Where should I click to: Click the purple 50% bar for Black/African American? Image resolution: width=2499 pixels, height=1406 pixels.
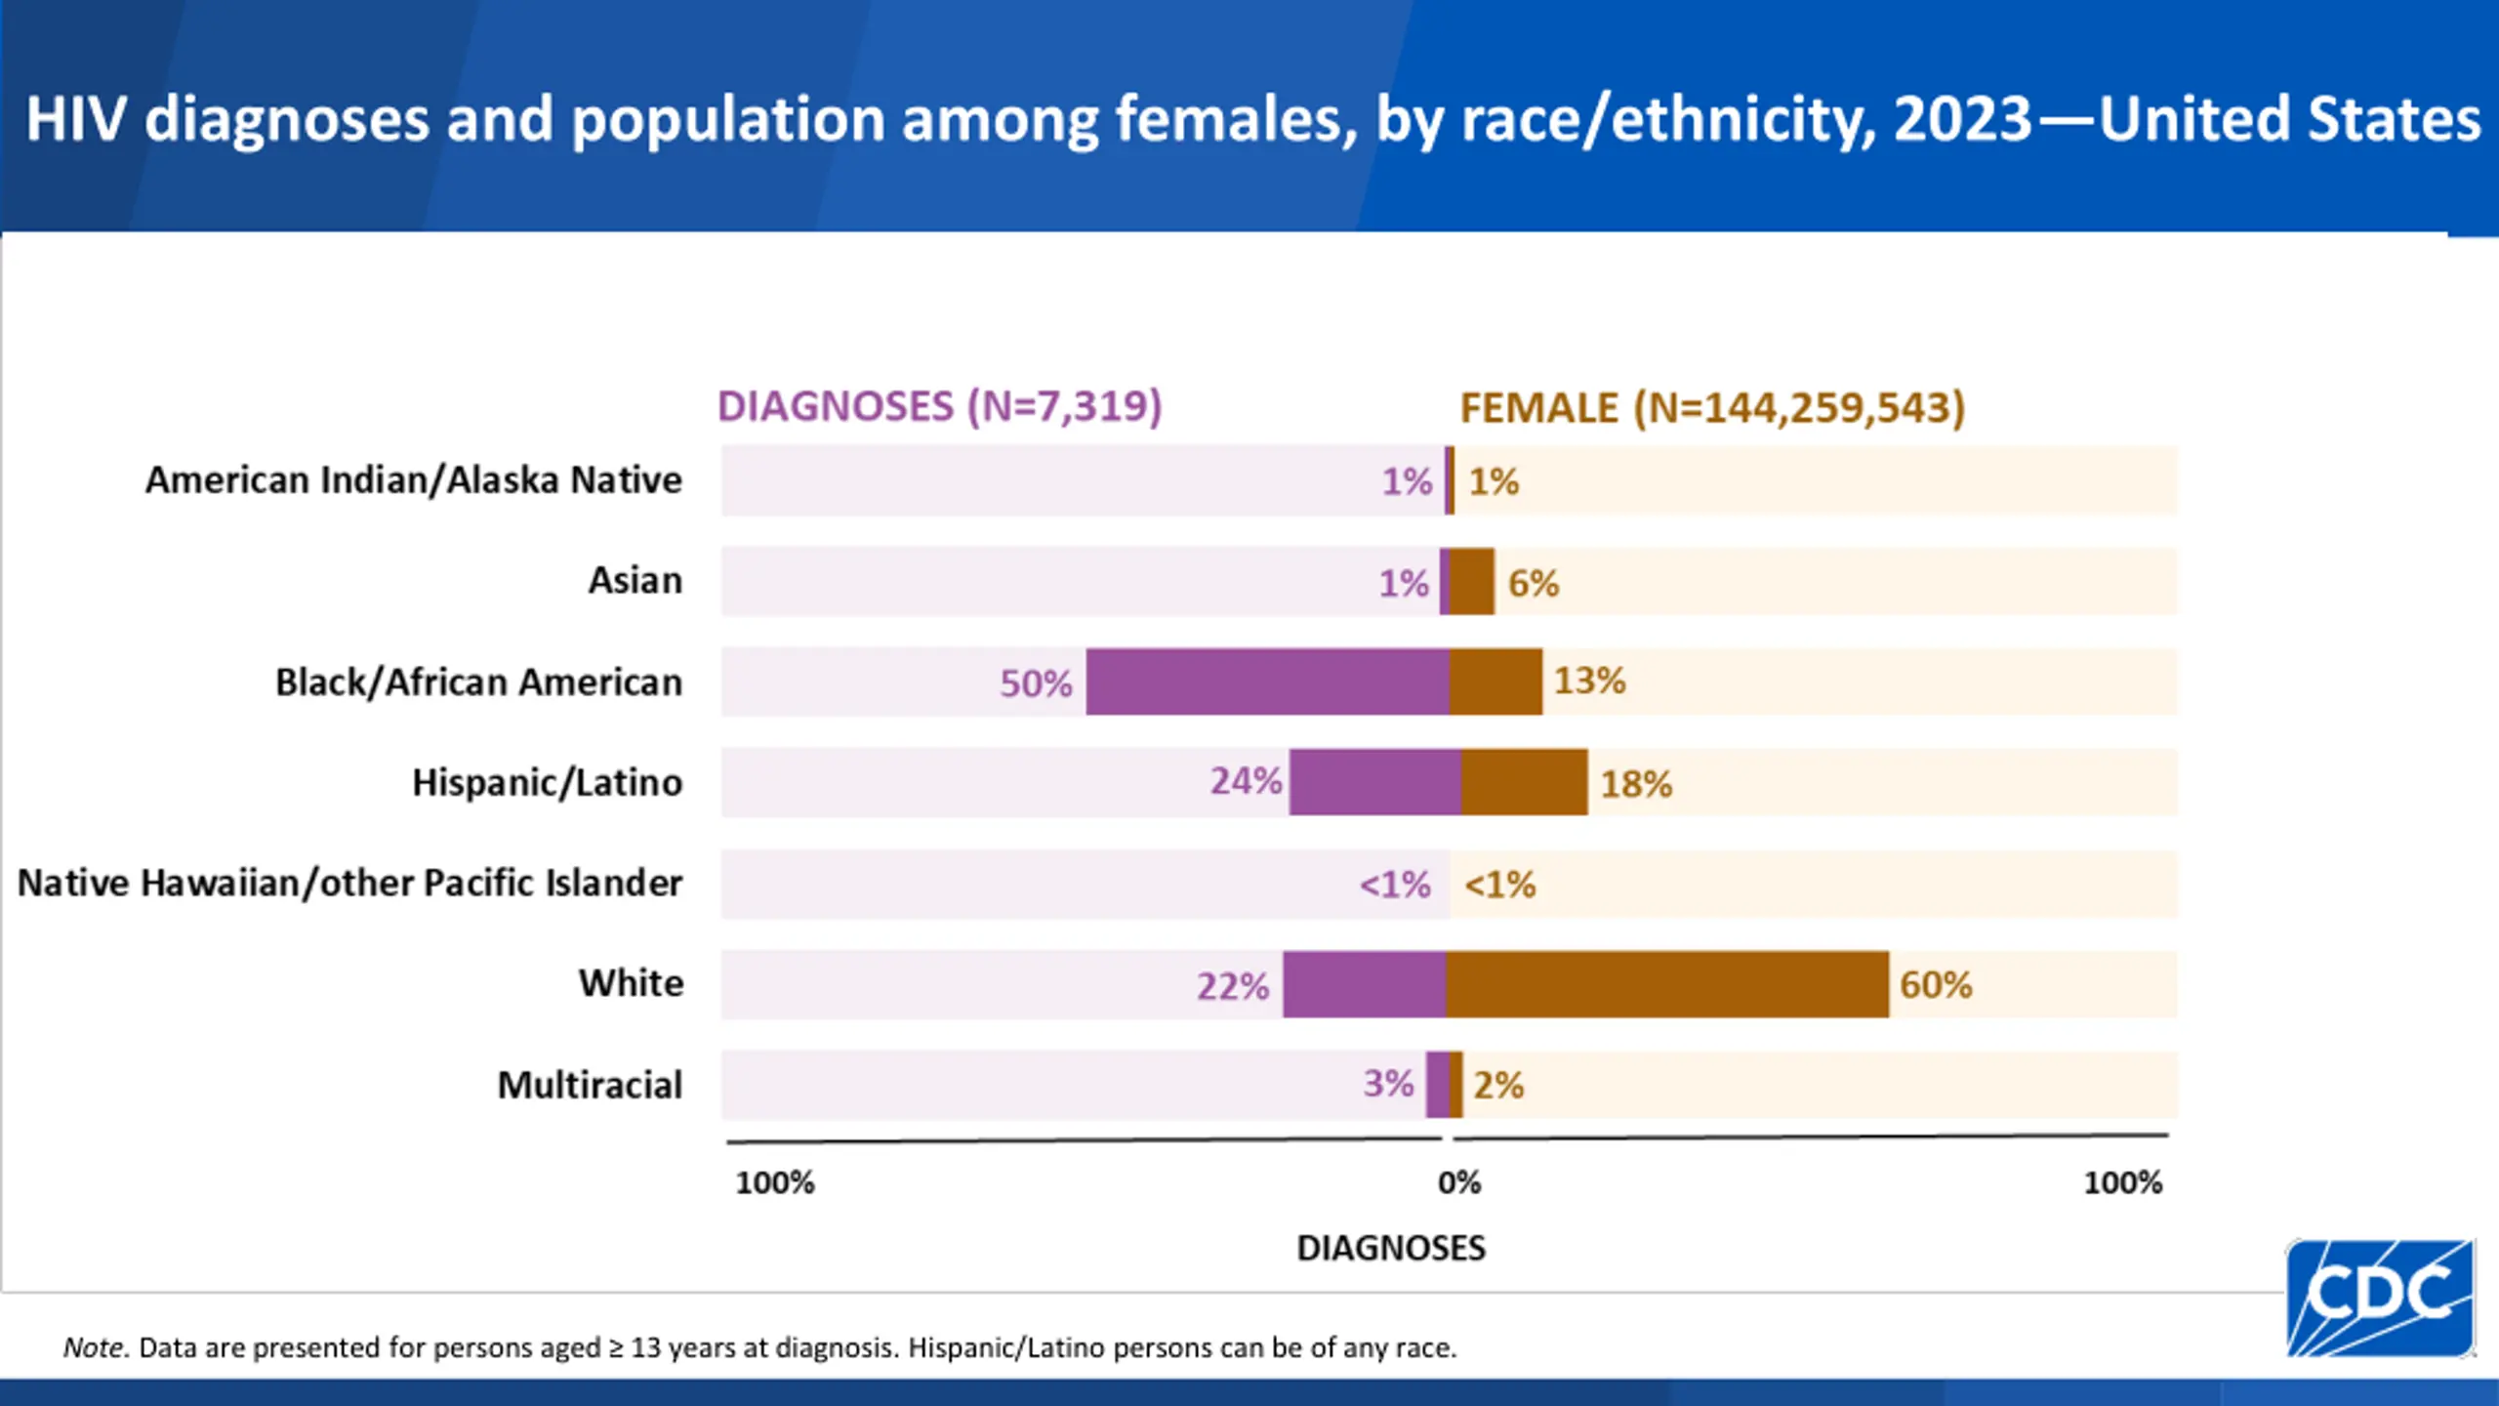pos(1267,682)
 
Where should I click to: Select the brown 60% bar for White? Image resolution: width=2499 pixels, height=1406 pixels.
pos(1667,984)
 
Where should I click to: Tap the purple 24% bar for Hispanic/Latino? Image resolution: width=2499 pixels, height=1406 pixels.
pos(1374,782)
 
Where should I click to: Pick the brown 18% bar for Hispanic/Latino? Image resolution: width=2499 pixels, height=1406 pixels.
pos(1524,782)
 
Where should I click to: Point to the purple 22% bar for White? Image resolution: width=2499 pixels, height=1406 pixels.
pos(1364,984)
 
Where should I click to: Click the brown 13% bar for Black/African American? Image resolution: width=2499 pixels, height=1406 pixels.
pos(1495,682)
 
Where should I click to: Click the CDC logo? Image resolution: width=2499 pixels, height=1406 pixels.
pos(2380,1297)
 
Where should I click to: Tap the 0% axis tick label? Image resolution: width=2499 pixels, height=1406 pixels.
pos(1459,1183)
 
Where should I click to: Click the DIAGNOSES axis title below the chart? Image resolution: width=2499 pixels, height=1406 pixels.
pos(1391,1249)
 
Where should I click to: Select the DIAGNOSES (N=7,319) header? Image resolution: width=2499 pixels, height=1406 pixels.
pos(939,406)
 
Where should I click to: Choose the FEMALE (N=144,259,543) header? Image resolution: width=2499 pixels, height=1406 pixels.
pos(1712,408)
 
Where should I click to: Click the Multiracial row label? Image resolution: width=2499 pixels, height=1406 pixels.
pos(590,1086)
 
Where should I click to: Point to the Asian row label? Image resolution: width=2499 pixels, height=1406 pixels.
pos(635,581)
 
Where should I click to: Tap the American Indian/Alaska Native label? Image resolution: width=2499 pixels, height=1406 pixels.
pos(414,480)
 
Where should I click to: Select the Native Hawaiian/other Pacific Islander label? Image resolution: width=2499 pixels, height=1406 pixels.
pos(349,883)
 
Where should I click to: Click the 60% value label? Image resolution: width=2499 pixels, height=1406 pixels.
pos(1936,985)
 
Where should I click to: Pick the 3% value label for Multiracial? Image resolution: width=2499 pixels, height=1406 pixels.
pos(1388,1084)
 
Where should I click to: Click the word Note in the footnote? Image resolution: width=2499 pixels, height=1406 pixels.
pos(94,1348)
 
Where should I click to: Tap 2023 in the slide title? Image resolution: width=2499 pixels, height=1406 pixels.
pos(1962,119)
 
